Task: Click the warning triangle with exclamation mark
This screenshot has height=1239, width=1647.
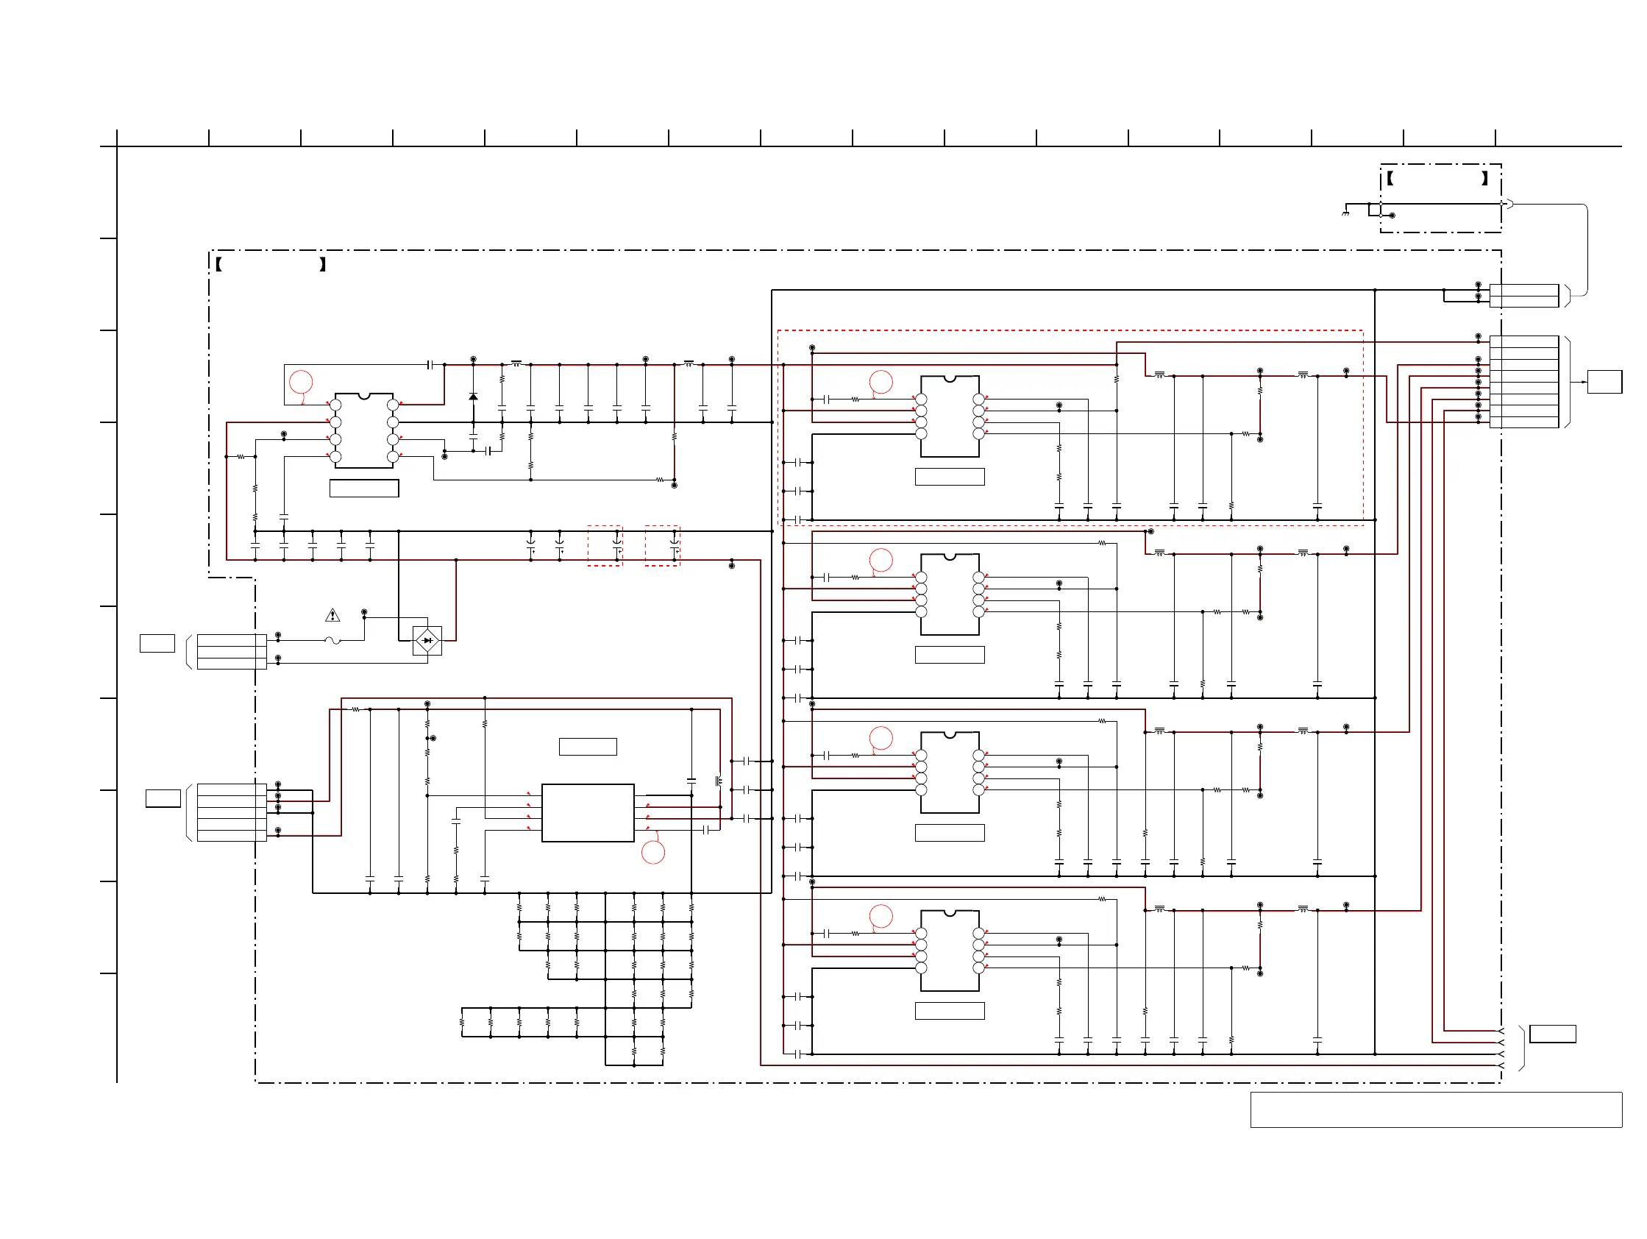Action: point(332,616)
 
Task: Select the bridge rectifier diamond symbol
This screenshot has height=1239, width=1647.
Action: point(427,640)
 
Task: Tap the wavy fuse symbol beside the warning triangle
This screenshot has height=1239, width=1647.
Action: point(332,640)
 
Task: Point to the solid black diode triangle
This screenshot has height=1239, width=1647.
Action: point(473,397)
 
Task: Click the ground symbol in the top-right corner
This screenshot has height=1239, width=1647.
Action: point(1345,213)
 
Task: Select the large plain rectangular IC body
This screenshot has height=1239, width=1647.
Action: point(588,812)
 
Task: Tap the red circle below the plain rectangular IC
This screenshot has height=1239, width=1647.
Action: point(653,853)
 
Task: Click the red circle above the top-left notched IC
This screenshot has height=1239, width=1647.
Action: point(301,382)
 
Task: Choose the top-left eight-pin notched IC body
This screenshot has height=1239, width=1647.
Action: point(364,430)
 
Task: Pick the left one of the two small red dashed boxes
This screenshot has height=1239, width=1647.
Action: point(605,546)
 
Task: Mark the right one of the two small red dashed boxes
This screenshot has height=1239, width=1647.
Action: point(662,546)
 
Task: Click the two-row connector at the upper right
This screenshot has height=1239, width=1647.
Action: point(1524,296)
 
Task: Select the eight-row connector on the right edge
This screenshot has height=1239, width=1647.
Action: point(1524,382)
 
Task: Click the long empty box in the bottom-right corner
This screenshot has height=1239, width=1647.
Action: point(1437,1110)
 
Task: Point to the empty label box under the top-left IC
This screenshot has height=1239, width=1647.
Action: point(364,489)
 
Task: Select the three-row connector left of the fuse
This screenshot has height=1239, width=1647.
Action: point(232,652)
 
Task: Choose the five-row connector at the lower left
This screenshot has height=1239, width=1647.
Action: point(232,812)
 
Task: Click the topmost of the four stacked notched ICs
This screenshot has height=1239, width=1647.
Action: point(950,416)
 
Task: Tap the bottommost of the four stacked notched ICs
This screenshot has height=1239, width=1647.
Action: point(950,951)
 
